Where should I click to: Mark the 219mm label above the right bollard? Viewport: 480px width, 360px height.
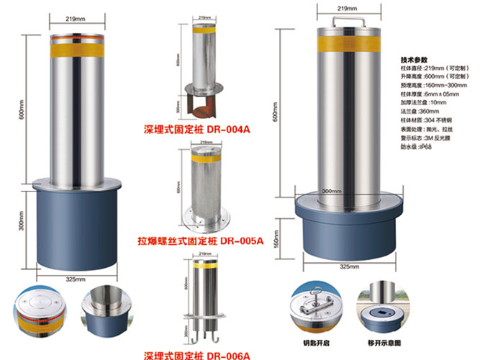(x=348, y=9)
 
